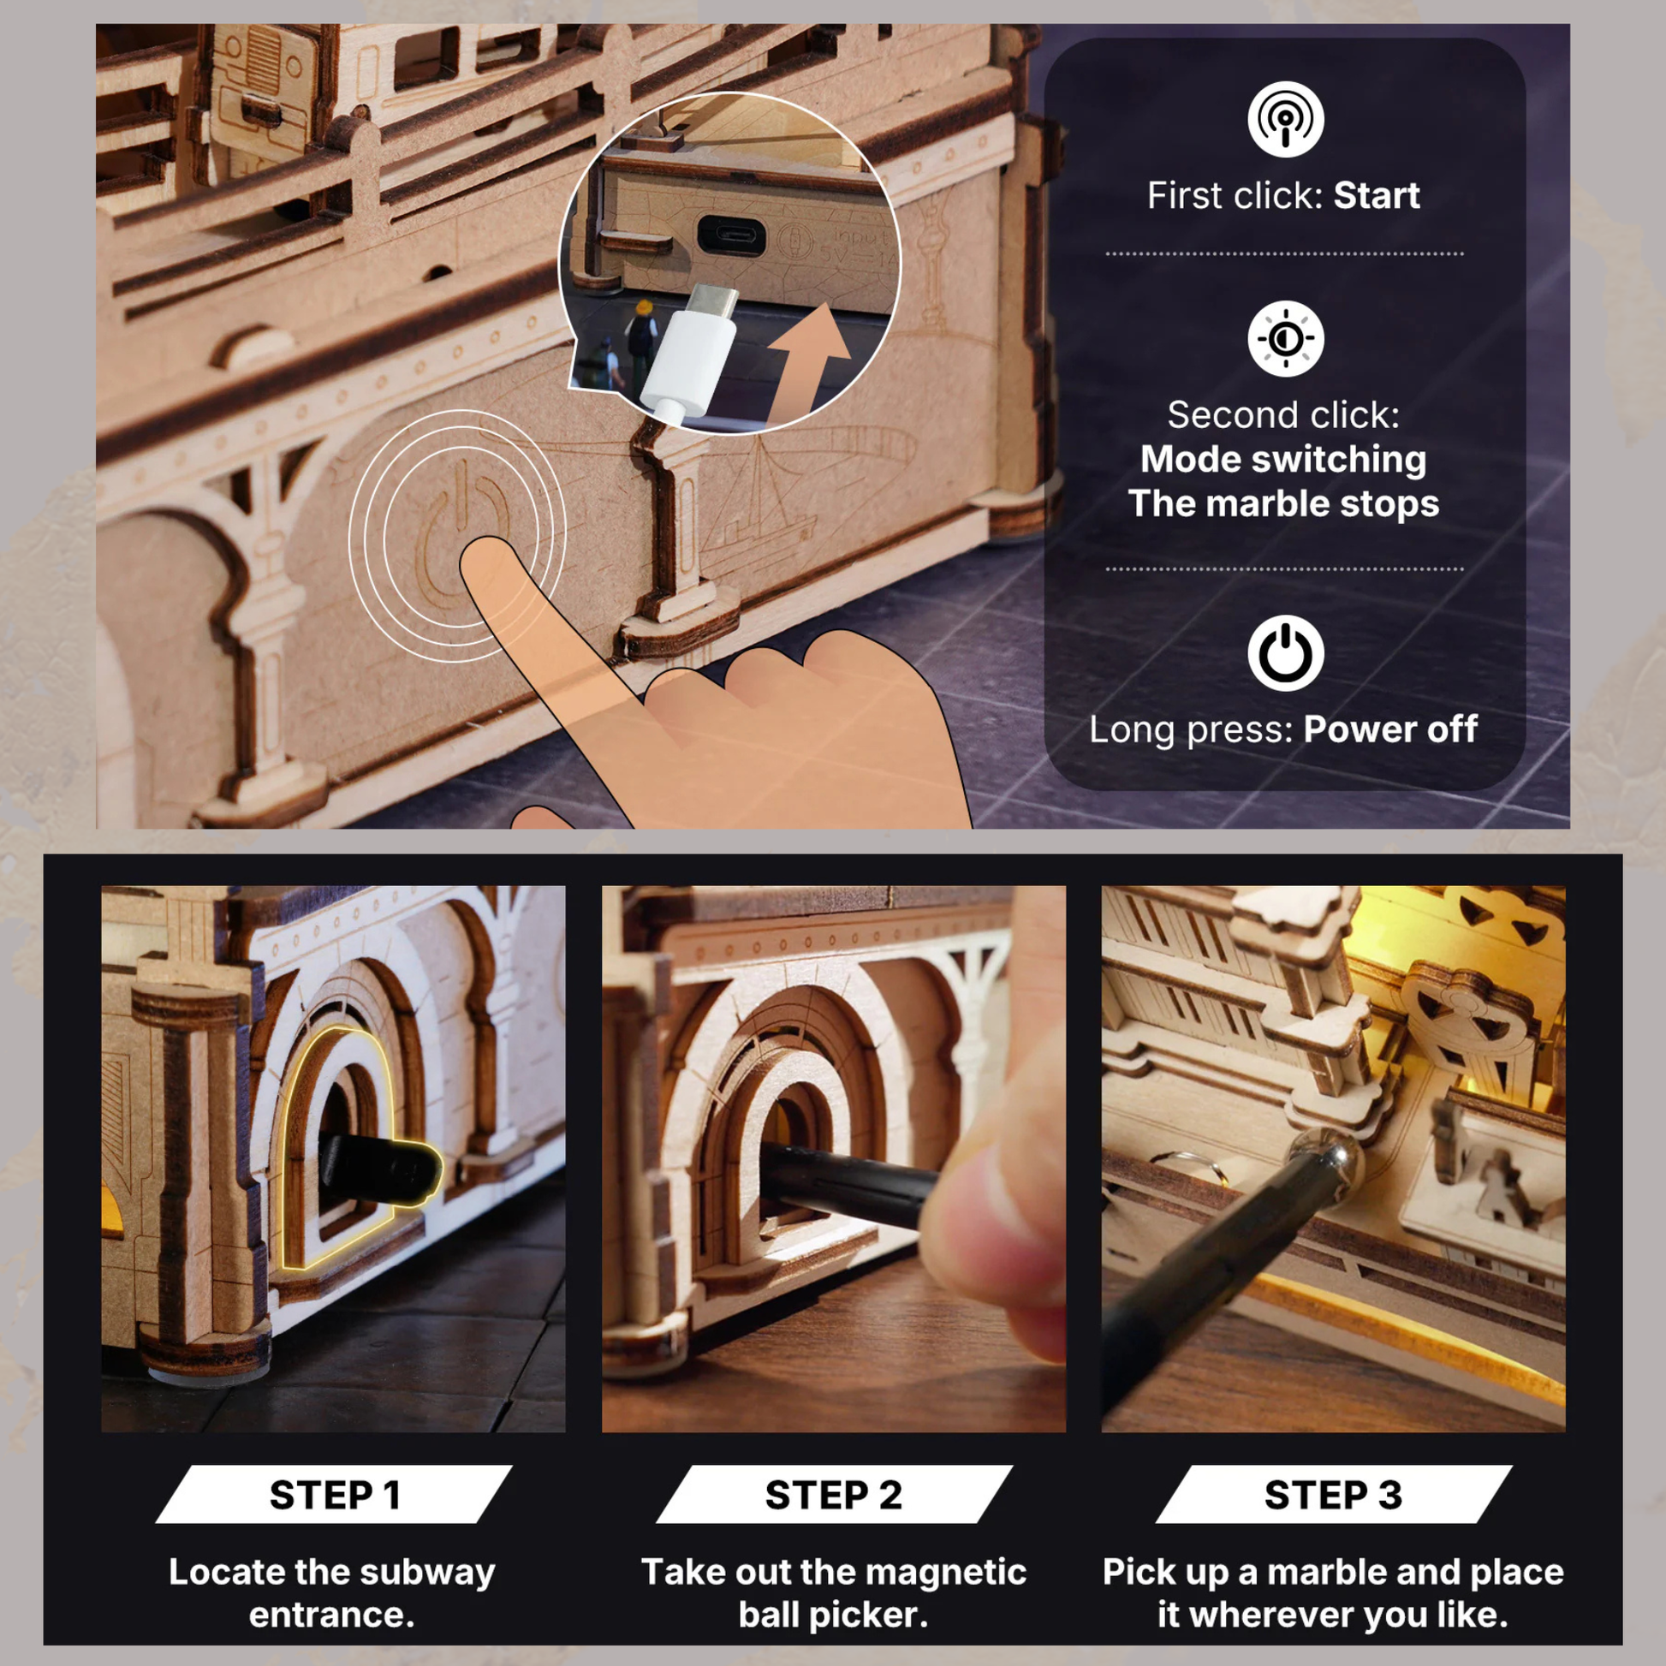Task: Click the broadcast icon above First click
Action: coord(1285,119)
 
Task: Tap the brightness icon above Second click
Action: coord(1285,338)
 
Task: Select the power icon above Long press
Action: coord(1285,652)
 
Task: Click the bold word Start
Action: coord(1377,196)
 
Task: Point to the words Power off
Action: coord(1390,729)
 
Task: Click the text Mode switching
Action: coord(1283,459)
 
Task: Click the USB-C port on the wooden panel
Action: coord(730,235)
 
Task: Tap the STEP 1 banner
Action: coord(334,1495)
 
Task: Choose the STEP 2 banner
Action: coord(833,1495)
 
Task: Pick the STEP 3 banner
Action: coord(1333,1495)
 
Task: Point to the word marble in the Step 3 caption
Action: coord(1329,1573)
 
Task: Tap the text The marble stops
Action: coord(1283,503)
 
